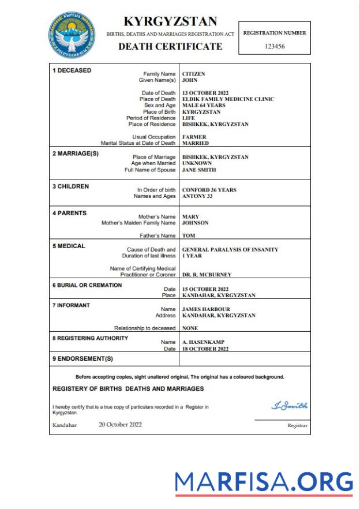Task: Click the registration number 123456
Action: click(275, 46)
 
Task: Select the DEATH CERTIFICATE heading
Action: click(170, 46)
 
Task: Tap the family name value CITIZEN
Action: click(193, 74)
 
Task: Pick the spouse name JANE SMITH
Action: click(199, 170)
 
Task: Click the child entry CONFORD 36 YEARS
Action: click(209, 190)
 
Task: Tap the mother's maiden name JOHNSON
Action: click(196, 223)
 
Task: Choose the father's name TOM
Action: click(188, 235)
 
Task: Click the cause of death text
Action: click(230, 249)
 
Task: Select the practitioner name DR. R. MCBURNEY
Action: click(207, 275)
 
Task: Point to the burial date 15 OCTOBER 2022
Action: click(205, 289)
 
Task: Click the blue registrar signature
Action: click(289, 406)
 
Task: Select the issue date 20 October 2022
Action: click(120, 425)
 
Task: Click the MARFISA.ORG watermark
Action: click(264, 482)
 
